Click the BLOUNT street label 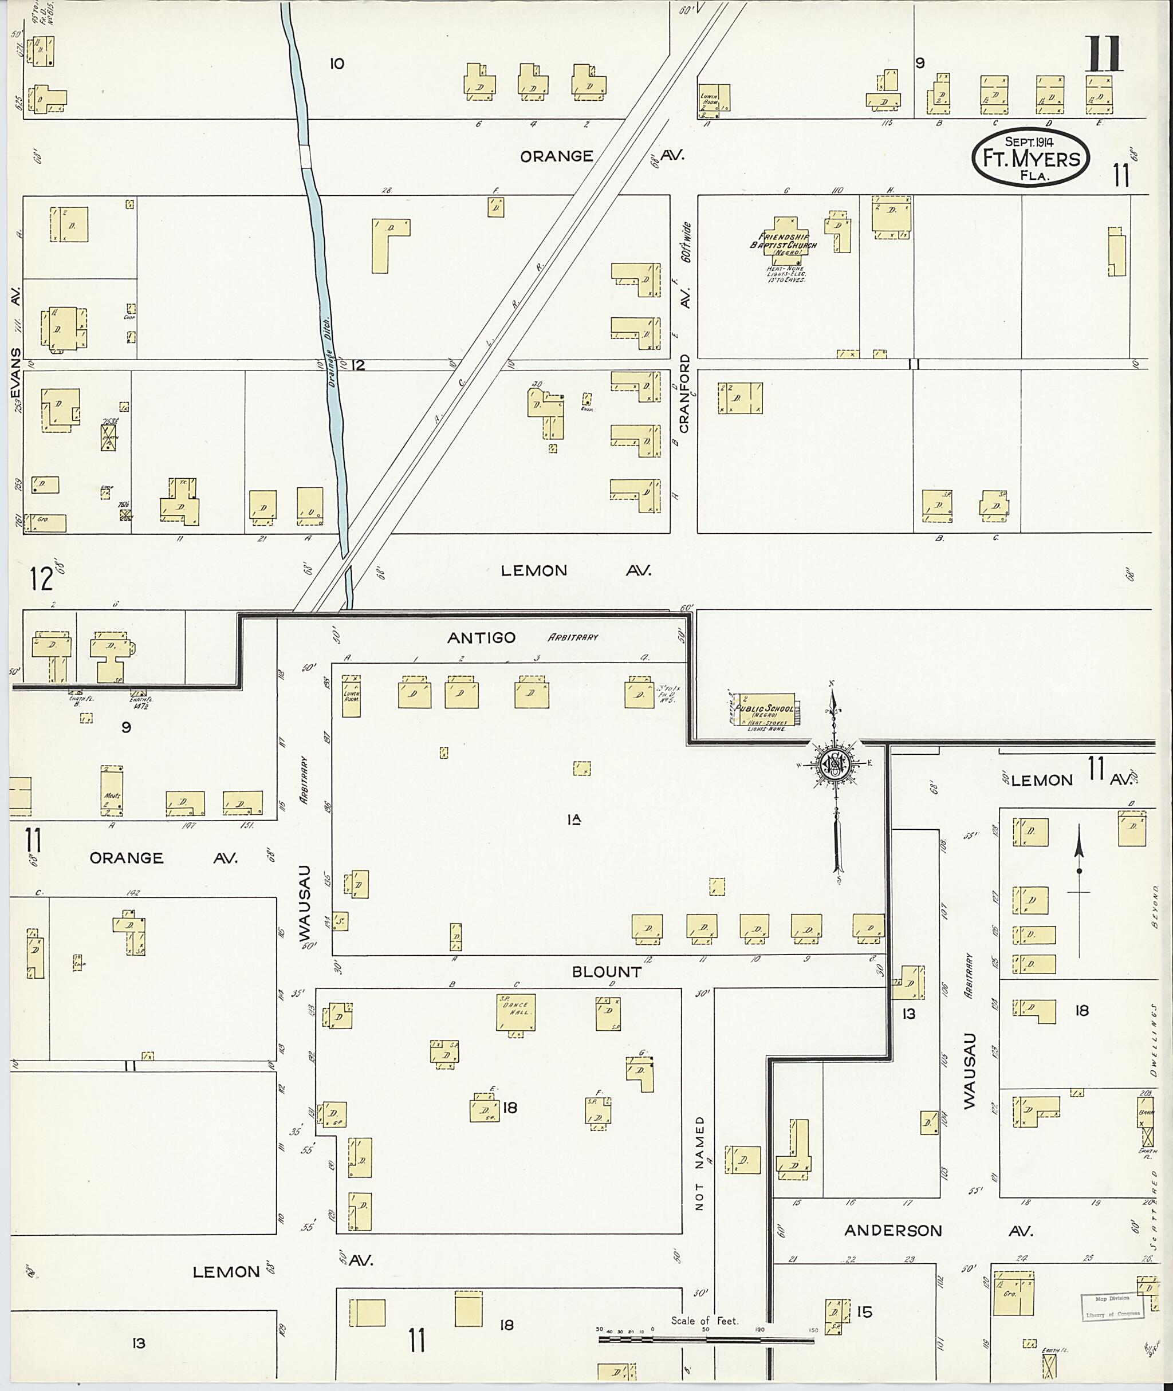[607, 972]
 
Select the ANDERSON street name [893, 1231]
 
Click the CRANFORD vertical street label [684, 402]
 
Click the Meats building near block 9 [112, 791]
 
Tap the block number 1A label [574, 820]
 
